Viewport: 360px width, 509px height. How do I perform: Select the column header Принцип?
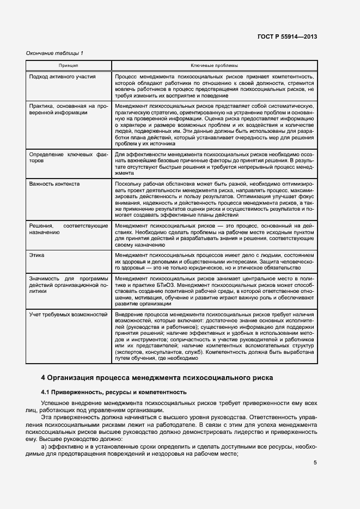click(x=69, y=65)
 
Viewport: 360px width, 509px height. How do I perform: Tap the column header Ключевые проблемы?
click(x=214, y=65)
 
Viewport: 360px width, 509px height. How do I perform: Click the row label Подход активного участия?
click(x=62, y=77)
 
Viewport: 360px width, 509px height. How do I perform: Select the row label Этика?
click(x=37, y=255)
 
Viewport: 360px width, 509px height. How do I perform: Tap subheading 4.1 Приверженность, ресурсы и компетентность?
click(x=114, y=392)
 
